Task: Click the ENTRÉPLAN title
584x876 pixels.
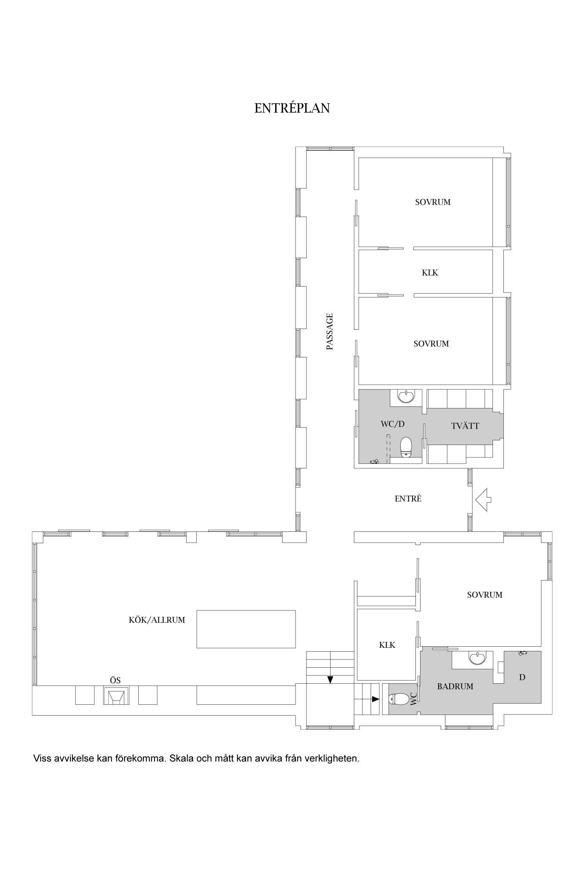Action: coord(292,108)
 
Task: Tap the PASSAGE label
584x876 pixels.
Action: coord(330,331)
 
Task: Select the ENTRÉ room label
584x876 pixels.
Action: coord(408,498)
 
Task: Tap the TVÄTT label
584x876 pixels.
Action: coord(465,426)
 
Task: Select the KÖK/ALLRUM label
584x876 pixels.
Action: coord(157,620)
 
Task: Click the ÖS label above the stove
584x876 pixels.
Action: coord(115,681)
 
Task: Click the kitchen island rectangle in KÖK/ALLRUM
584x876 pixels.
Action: coord(246,629)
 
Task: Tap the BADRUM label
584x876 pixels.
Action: coord(455,686)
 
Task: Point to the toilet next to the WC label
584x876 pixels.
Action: coord(397,699)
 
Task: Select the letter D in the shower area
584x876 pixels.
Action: coord(522,677)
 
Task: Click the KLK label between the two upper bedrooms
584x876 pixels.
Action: coord(430,273)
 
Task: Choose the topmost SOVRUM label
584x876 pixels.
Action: coord(433,202)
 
